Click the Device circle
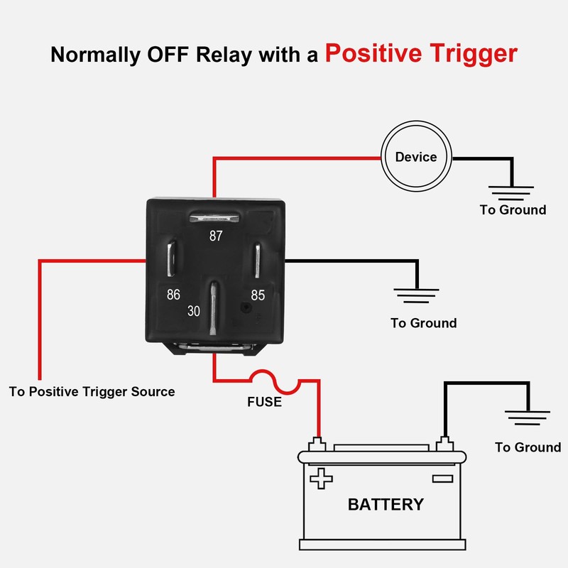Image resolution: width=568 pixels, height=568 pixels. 416,157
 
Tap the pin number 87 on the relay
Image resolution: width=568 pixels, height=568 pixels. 215,236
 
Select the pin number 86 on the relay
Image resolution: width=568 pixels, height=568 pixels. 173,294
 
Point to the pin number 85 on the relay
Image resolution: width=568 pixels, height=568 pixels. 257,294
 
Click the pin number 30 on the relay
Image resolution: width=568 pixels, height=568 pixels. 194,311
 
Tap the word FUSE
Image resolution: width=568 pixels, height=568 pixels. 264,403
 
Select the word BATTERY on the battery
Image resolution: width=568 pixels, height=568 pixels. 386,505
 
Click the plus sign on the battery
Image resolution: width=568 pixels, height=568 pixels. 322,478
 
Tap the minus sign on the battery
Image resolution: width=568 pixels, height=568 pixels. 442,478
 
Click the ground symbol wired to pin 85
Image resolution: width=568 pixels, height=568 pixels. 416,295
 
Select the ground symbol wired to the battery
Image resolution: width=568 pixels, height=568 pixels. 528,419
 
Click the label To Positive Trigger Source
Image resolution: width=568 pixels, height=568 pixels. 92,391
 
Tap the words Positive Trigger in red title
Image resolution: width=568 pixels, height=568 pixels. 421,54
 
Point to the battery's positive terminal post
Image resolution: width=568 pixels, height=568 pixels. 317,444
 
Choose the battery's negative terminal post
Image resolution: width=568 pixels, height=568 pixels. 445,444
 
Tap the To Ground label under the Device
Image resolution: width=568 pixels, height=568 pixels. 513,209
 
